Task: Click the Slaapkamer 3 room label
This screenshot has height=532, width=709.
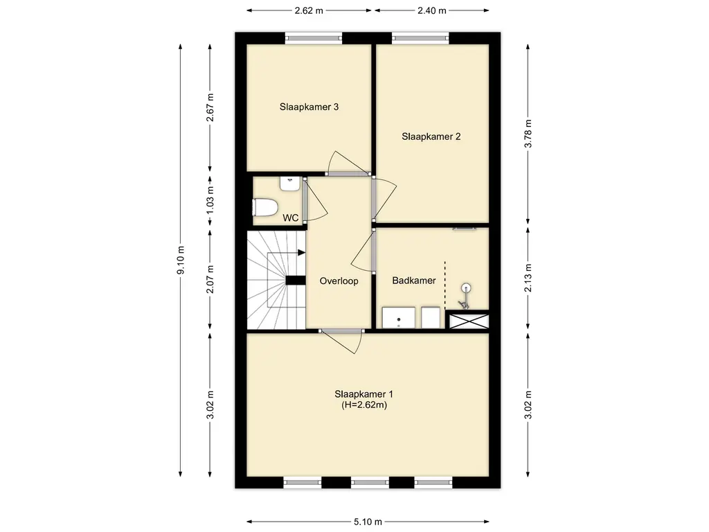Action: coord(309,107)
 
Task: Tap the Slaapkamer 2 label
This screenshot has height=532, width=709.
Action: coord(431,136)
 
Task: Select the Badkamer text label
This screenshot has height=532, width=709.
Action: coord(414,281)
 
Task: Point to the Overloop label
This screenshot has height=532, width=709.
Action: coord(339,281)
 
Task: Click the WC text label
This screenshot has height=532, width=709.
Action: coord(290,218)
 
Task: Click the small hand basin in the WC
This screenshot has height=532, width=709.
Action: coord(290,183)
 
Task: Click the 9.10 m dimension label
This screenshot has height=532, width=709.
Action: coord(181,260)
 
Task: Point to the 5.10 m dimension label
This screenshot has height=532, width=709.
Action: coord(368,522)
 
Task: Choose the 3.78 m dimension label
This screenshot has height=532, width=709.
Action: coord(528,134)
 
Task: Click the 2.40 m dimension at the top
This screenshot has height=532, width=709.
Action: coord(432,10)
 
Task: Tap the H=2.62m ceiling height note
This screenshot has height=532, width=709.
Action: coord(364,405)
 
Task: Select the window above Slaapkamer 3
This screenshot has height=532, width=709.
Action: coord(314,38)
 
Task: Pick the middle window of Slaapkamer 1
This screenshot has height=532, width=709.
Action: coord(370,483)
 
